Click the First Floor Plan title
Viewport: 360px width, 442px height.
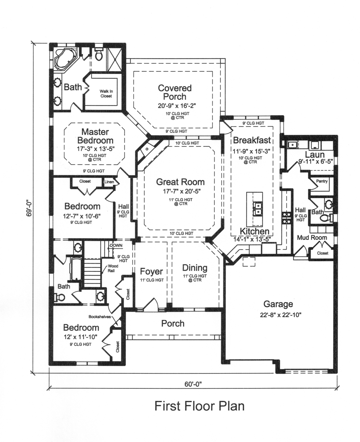pyautogui.click(x=199, y=406)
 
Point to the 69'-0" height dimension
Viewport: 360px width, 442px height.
pyautogui.click(x=29, y=208)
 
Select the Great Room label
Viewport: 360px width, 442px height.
pyautogui.click(x=180, y=182)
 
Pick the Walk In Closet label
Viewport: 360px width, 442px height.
pyautogui.click(x=106, y=94)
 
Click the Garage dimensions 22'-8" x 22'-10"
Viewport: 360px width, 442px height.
pyautogui.click(x=278, y=315)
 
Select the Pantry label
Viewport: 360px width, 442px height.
pyautogui.click(x=322, y=181)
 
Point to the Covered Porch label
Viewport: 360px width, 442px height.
pyautogui.click(x=174, y=92)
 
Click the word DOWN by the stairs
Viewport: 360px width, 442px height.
pyautogui.click(x=116, y=245)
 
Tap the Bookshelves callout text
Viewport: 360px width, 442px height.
pyautogui.click(x=99, y=317)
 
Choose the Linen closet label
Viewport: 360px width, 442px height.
pyautogui.click(x=109, y=182)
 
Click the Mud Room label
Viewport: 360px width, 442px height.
pyautogui.click(x=312, y=238)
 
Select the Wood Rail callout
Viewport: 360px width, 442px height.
pyautogui.click(x=113, y=268)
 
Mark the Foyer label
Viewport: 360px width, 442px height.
pyautogui.click(x=151, y=271)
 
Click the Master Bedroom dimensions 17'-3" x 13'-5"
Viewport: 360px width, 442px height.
pyautogui.click(x=95, y=149)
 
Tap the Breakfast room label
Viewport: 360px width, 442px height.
pyautogui.click(x=252, y=140)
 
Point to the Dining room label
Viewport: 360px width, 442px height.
pyautogui.click(x=194, y=268)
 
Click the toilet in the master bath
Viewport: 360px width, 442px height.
pyautogui.click(x=99, y=55)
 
